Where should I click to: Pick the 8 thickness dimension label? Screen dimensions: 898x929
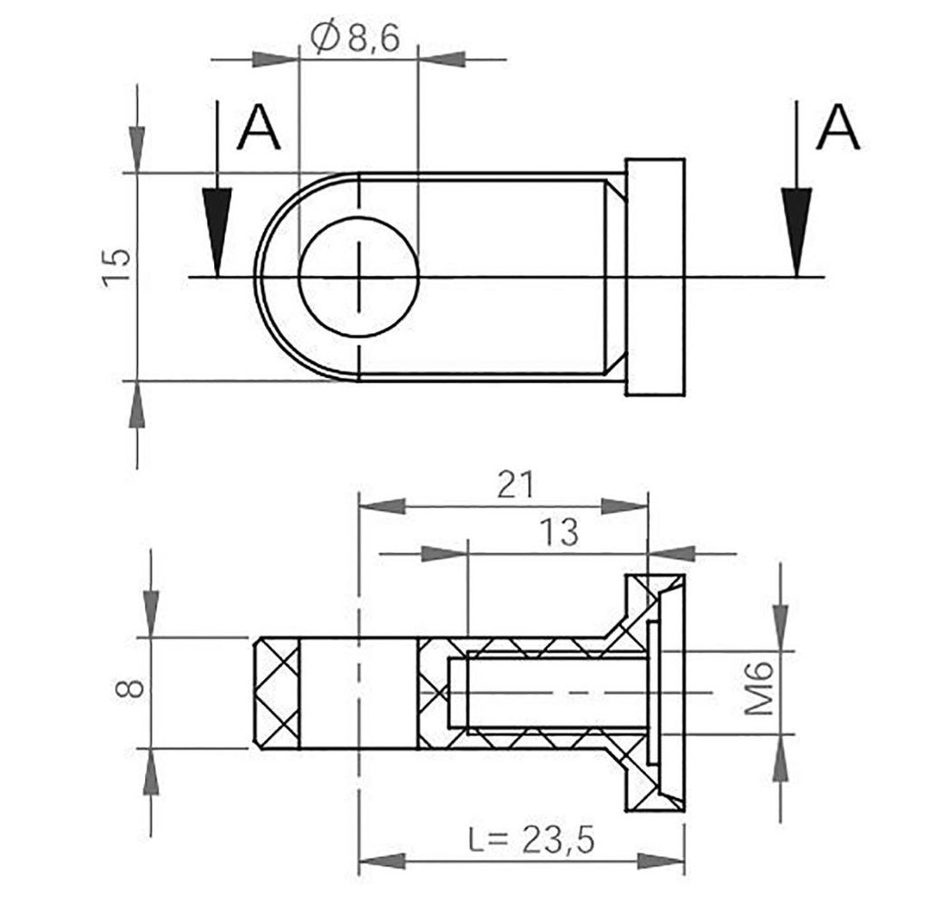(x=131, y=687)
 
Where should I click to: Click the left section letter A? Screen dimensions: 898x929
(x=259, y=129)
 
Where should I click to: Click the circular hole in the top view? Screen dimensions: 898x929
(x=358, y=277)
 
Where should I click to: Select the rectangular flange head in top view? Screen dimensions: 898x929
(x=655, y=277)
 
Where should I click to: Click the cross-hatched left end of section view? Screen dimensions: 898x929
(x=276, y=694)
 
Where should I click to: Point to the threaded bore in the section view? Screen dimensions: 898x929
(x=544, y=693)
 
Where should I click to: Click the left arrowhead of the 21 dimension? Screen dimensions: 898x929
(x=381, y=505)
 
